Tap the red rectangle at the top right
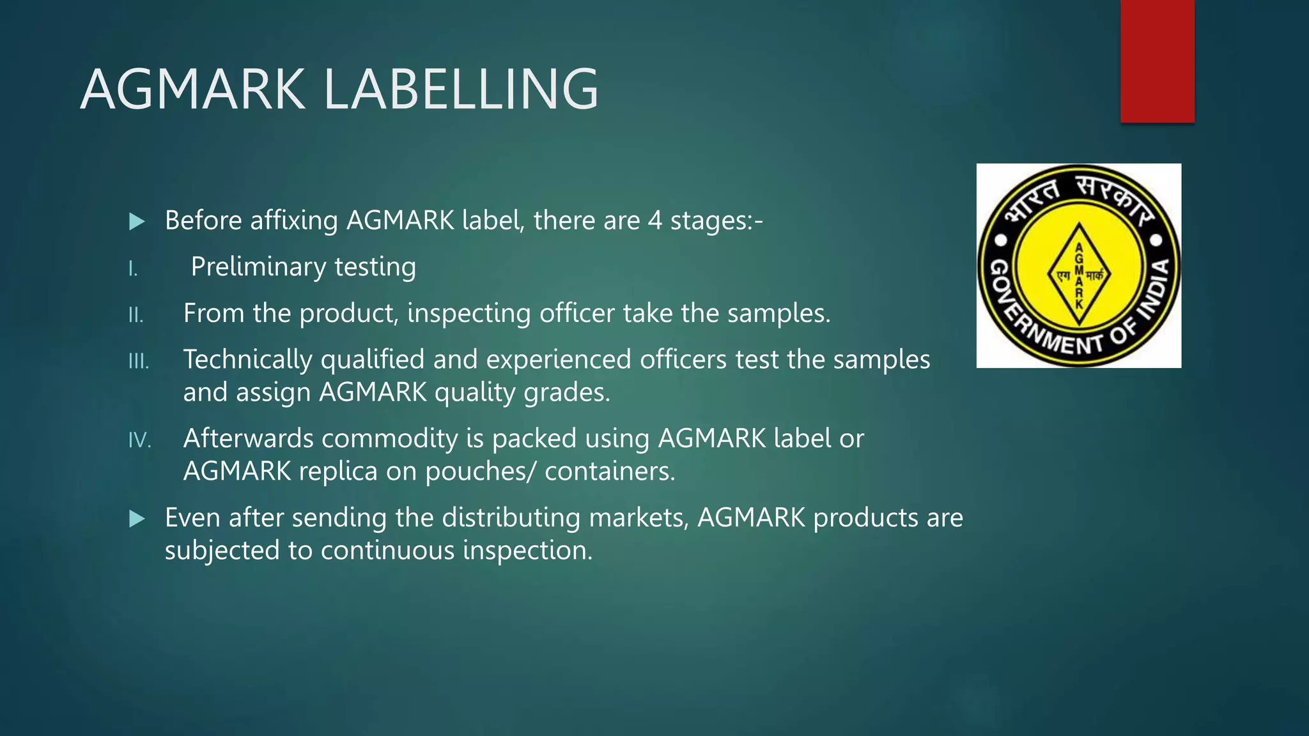[x=1157, y=61]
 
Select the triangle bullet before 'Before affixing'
[x=137, y=222]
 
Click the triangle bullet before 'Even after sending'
[x=137, y=519]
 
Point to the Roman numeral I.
[x=132, y=269]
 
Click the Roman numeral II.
[x=136, y=315]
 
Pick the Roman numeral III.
[x=138, y=362]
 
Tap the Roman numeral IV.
[x=139, y=440]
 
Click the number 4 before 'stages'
[x=654, y=220]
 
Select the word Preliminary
[x=258, y=267]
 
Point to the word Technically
[x=247, y=360]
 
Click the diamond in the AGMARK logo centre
[x=1079, y=275]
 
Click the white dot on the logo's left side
[x=1001, y=240]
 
